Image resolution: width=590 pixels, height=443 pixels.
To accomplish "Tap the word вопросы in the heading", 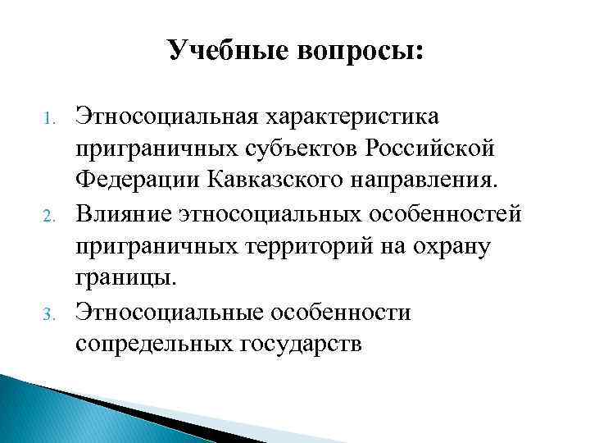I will tap(354, 52).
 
